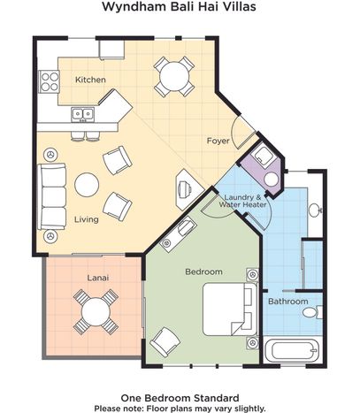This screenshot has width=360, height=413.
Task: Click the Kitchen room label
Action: (x=90, y=80)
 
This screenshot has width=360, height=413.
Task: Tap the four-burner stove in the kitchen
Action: (x=50, y=81)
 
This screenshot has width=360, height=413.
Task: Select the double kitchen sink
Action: (x=82, y=114)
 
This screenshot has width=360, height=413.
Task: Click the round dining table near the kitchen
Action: (x=174, y=77)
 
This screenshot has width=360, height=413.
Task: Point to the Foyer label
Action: (x=218, y=141)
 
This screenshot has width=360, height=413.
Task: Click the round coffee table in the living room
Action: (x=87, y=185)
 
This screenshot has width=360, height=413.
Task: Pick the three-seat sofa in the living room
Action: (x=51, y=196)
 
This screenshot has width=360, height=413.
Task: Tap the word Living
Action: (x=86, y=219)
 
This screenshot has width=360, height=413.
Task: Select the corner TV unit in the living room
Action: (x=189, y=189)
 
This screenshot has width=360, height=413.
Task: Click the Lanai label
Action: (x=98, y=278)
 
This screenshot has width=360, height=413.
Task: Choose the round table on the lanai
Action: (x=96, y=311)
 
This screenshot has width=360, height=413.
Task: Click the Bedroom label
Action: (x=203, y=272)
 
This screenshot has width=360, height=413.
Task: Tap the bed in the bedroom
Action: (x=230, y=310)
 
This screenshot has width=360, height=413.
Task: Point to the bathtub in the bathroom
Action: (x=291, y=351)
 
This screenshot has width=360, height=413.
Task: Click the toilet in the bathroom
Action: (x=312, y=312)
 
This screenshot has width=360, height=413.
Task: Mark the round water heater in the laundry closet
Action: (x=271, y=180)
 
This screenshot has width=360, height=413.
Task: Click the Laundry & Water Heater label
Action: (x=242, y=201)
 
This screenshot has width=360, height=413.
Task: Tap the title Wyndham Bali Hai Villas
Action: (x=179, y=6)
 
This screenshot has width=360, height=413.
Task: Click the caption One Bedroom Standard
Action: (x=180, y=398)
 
